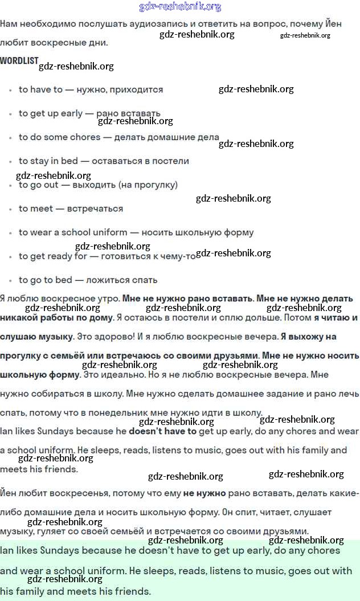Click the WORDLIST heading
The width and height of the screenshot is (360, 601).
point(19,60)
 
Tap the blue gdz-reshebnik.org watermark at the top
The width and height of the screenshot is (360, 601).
point(180,7)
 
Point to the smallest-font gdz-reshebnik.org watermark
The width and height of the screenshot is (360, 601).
point(305,35)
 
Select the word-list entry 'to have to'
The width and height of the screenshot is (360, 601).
point(40,89)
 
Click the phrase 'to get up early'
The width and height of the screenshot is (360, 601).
point(51,113)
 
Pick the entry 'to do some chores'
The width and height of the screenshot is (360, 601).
point(59,137)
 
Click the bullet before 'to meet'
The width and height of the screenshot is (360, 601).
point(10,209)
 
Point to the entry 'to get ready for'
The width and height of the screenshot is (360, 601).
point(53,256)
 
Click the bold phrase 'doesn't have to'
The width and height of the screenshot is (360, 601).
point(162,431)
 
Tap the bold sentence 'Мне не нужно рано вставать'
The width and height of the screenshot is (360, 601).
point(188,298)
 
